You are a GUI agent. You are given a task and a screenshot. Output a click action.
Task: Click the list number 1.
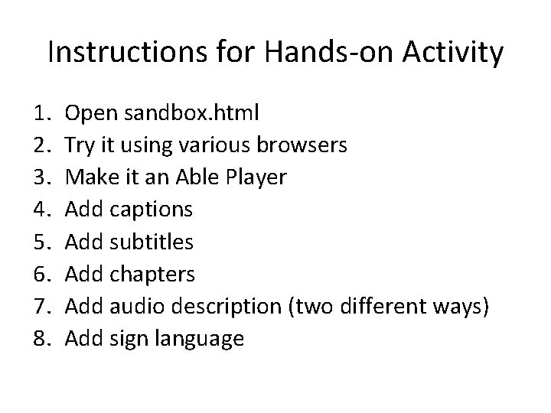pyautogui.click(x=41, y=114)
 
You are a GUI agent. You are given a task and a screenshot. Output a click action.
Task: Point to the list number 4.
pyautogui.click(x=41, y=210)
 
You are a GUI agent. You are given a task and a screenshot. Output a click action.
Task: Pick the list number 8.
pyautogui.click(x=41, y=338)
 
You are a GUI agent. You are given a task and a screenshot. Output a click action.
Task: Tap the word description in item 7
pyautogui.click(x=227, y=307)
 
